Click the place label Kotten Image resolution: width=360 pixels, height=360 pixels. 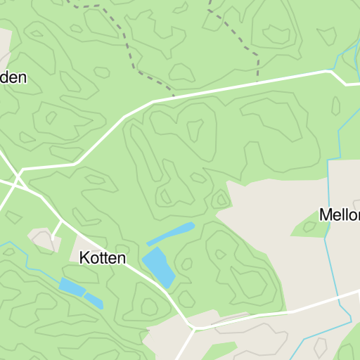tap(103, 258)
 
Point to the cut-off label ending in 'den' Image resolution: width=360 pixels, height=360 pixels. tap(13, 77)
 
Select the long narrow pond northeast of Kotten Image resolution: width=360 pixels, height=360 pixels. tap(171, 234)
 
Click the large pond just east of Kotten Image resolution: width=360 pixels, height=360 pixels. tap(158, 266)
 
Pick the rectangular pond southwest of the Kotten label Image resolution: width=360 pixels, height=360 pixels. tap(71, 287)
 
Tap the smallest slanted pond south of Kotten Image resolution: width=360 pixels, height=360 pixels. tap(94, 300)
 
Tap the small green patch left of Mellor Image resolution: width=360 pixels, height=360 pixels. tap(307, 226)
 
